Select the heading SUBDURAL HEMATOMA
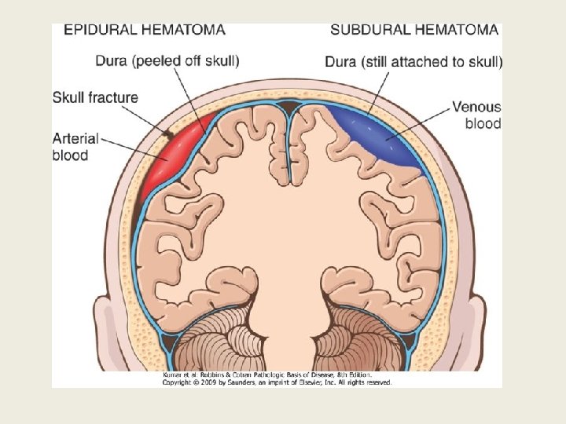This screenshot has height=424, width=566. [x=414, y=30]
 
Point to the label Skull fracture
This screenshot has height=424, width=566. [x=95, y=98]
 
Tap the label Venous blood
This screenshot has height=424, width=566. [x=476, y=115]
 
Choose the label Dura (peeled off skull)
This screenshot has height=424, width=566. [x=167, y=60]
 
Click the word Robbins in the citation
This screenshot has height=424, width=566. [x=208, y=375]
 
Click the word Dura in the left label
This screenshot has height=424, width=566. [x=112, y=60]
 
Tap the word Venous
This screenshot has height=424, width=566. [x=476, y=106]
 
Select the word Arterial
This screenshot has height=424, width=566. [x=75, y=138]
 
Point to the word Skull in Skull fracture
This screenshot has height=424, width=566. [x=68, y=98]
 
